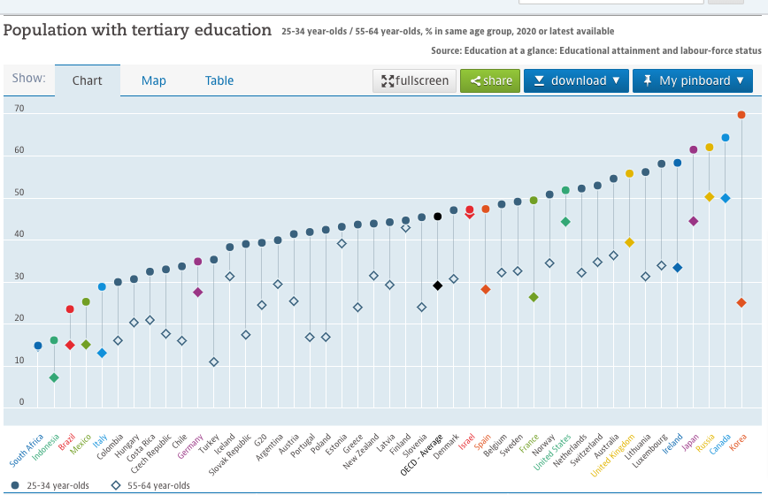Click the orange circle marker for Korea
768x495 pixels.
(741, 115)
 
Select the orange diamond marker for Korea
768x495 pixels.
(741, 303)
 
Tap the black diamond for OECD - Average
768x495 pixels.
(437, 286)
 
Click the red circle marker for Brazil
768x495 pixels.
(70, 309)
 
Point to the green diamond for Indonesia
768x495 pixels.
(54, 377)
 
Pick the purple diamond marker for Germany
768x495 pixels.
(198, 292)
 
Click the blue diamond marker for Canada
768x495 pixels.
(726, 198)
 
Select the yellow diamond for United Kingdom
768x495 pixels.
(629, 242)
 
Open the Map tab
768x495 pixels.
(154, 80)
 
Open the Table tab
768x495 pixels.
(219, 80)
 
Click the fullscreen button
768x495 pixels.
(415, 80)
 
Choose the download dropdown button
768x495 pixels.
(576, 80)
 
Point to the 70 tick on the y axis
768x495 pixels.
(19, 109)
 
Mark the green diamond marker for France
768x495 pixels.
(534, 297)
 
